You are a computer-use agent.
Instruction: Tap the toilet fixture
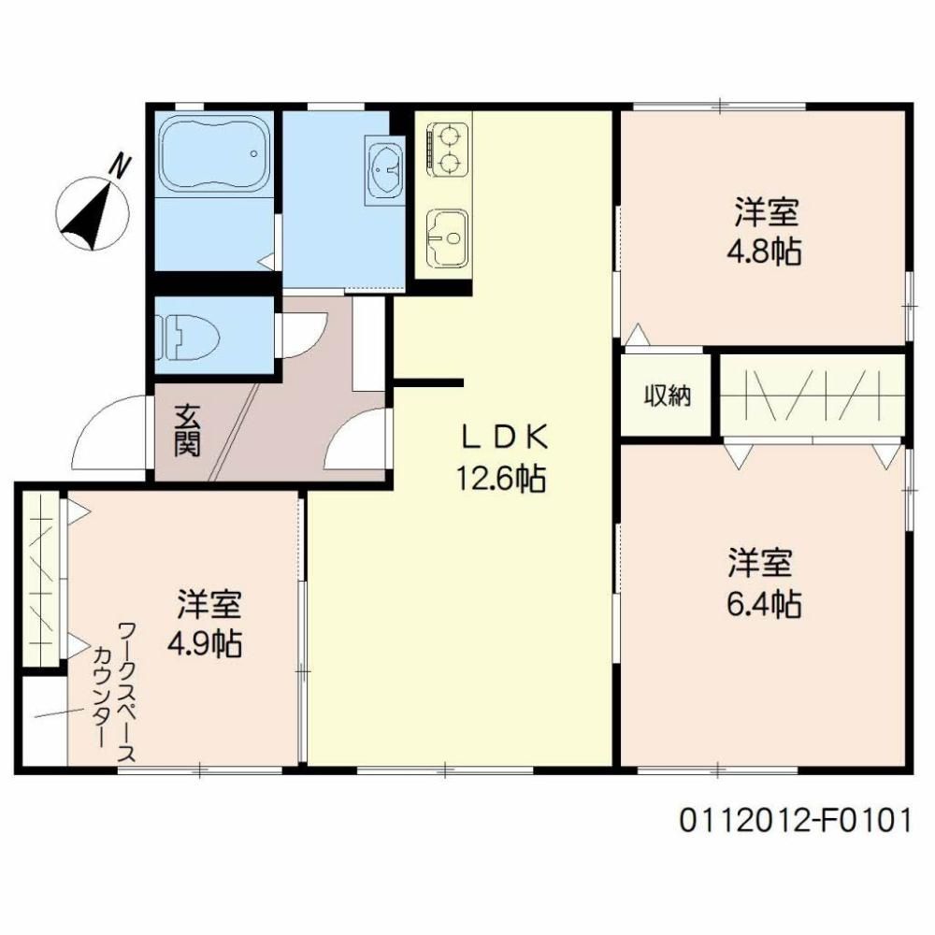point(187,337)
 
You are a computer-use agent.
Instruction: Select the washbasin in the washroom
point(384,170)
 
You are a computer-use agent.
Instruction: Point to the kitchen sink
point(447,238)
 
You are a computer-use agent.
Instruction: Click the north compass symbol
point(93,213)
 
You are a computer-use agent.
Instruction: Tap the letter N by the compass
point(120,165)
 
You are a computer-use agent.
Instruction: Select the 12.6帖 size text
point(501,478)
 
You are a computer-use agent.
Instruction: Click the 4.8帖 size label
point(764,252)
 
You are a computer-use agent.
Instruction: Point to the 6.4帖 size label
point(764,605)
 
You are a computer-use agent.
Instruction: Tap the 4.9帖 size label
point(206,644)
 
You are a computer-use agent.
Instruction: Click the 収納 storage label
point(668,395)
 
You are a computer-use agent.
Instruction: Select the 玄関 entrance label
point(187,430)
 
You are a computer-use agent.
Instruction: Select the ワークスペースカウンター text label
point(114,692)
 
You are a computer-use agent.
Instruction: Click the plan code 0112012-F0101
point(796,821)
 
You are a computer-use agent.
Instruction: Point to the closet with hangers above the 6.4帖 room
point(813,396)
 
